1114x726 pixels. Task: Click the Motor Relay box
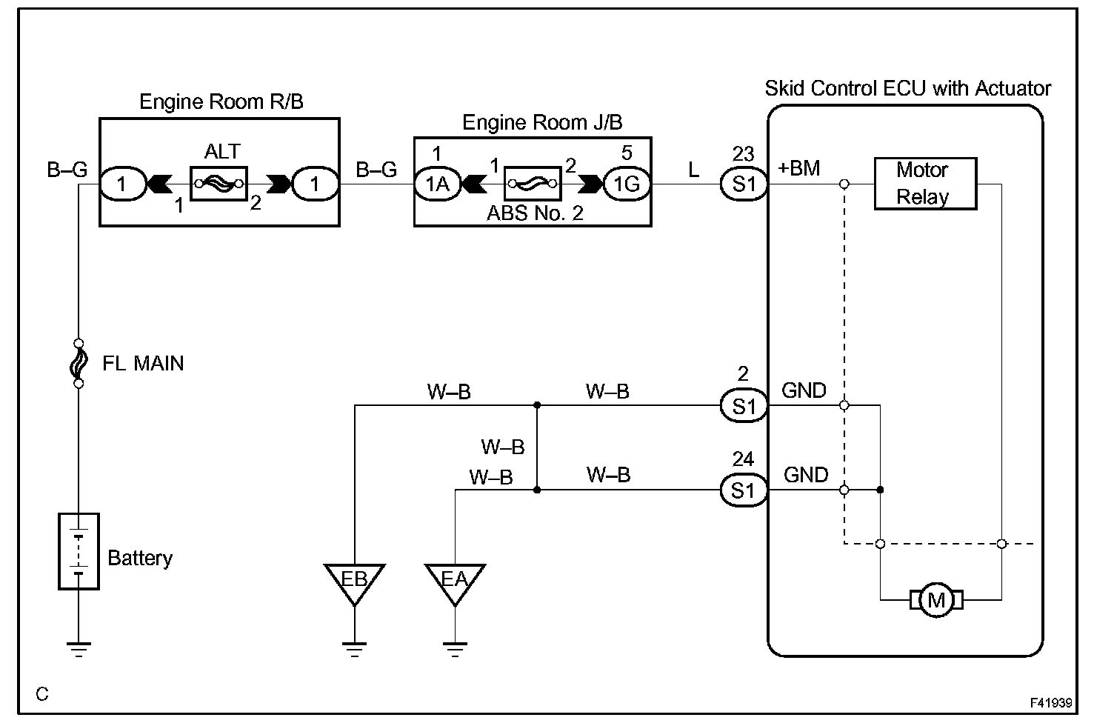click(x=925, y=184)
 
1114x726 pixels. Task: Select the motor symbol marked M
click(x=936, y=599)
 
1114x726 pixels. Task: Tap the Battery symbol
click(x=79, y=551)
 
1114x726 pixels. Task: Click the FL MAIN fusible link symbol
click(x=79, y=364)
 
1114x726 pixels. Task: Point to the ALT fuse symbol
click(x=219, y=183)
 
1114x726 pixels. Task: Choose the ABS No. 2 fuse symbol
click(x=532, y=183)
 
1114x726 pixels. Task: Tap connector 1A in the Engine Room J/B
click(x=437, y=183)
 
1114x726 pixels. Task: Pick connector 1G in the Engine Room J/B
click(x=627, y=183)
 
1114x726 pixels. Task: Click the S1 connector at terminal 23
click(x=744, y=183)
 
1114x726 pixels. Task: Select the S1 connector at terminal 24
click(x=744, y=490)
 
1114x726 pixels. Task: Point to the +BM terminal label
click(x=798, y=168)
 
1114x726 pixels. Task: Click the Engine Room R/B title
click(x=221, y=101)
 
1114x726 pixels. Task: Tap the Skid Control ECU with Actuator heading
click(x=907, y=89)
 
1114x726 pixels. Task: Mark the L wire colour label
click(x=693, y=170)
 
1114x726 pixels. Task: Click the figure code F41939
click(x=1051, y=702)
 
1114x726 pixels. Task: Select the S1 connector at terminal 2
click(x=744, y=406)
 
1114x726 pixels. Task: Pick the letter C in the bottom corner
click(x=42, y=694)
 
